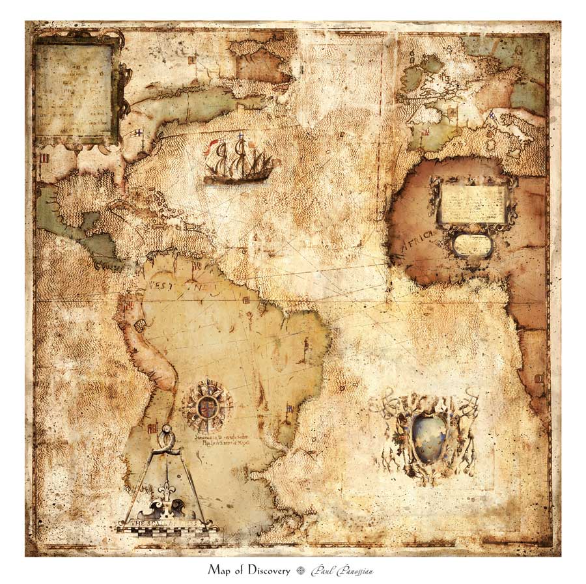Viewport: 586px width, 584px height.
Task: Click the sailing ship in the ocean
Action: point(238,161)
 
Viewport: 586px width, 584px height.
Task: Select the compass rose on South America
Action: point(207,405)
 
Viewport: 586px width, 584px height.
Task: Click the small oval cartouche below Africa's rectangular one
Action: point(472,244)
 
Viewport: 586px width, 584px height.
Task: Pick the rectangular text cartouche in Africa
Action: point(473,203)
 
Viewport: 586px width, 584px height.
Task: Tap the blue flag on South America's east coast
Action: point(288,411)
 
